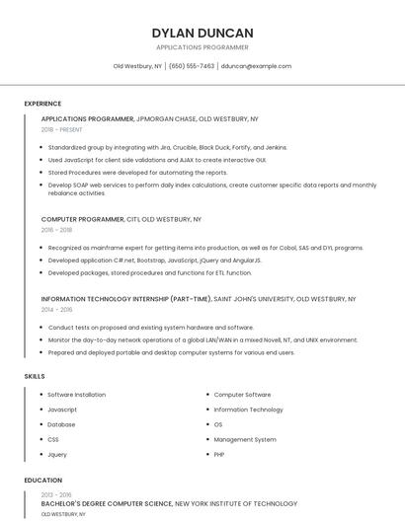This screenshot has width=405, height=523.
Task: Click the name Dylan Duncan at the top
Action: pyautogui.click(x=202, y=33)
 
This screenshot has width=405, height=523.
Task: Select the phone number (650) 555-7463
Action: pyautogui.click(x=192, y=66)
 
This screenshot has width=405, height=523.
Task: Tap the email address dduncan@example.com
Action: pyautogui.click(x=256, y=66)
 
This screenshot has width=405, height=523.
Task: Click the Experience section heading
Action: pyautogui.click(x=42, y=104)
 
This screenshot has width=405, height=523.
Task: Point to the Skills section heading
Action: pyautogui.click(x=35, y=376)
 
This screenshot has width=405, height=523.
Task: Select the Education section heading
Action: pyautogui.click(x=42, y=481)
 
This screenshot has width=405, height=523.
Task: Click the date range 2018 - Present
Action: pyautogui.click(x=62, y=129)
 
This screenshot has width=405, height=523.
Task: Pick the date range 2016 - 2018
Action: pyautogui.click(x=56, y=229)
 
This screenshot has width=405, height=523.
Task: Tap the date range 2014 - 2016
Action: pyautogui.click(x=56, y=309)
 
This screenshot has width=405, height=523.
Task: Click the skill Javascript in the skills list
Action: pyautogui.click(x=62, y=410)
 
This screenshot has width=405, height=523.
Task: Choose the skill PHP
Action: pyautogui.click(x=219, y=454)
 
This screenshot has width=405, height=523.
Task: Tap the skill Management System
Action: pyautogui.click(x=245, y=439)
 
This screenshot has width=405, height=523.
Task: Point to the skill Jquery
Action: pyautogui.click(x=57, y=454)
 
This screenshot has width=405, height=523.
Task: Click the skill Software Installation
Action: pyautogui.click(x=76, y=395)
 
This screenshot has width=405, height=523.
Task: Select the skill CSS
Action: pyautogui.click(x=53, y=439)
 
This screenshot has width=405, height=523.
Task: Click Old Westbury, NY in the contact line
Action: pyautogui.click(x=137, y=66)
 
